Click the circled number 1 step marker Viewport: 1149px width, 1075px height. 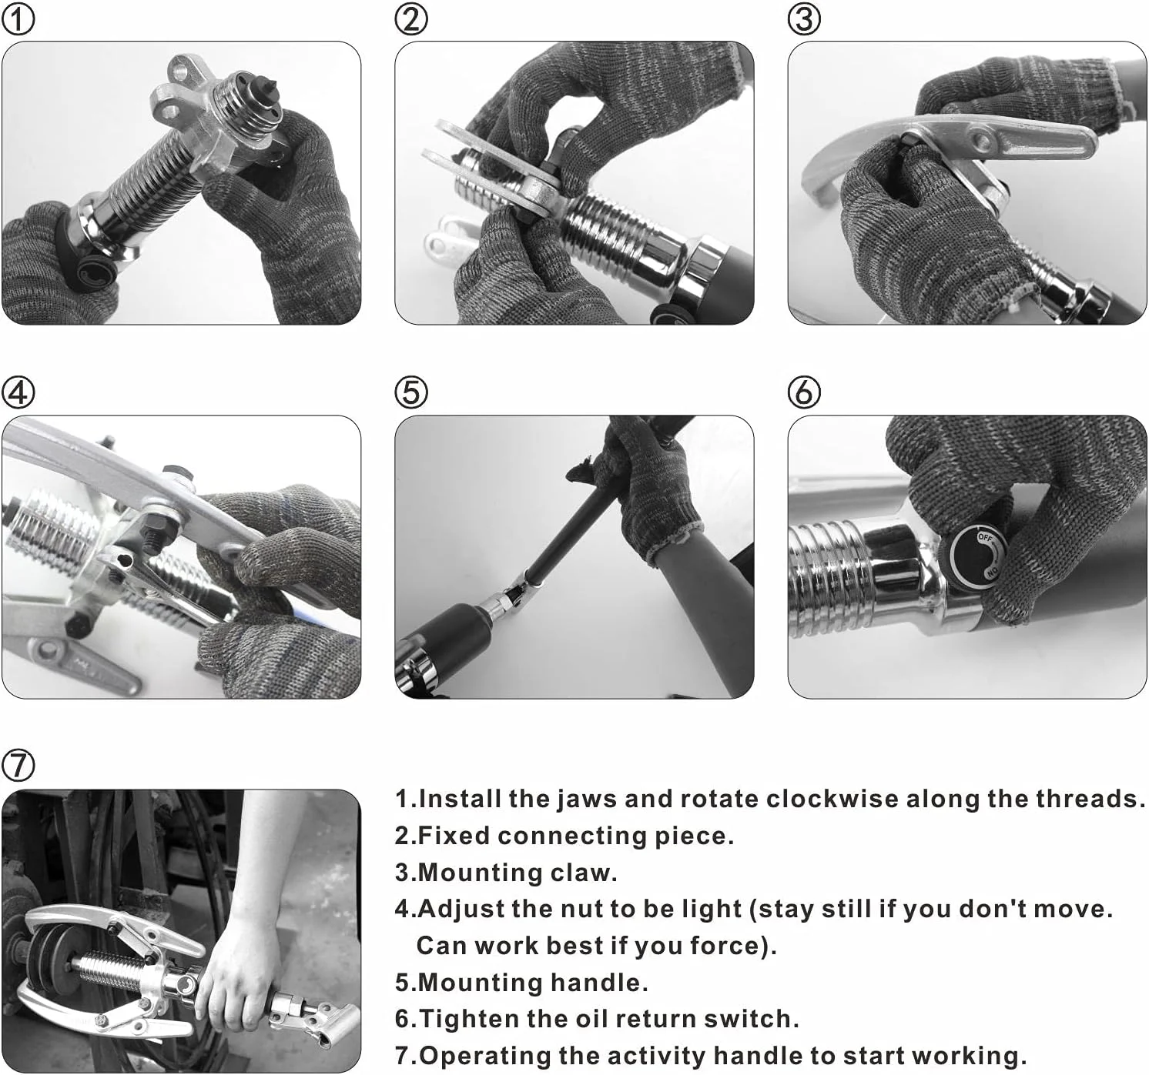[18, 19]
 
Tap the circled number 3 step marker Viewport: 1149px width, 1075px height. [804, 19]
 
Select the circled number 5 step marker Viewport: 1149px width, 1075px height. [411, 392]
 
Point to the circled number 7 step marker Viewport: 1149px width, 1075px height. [18, 766]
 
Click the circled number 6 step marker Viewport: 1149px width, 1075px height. [804, 392]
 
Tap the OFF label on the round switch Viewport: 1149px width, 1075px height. [985, 538]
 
